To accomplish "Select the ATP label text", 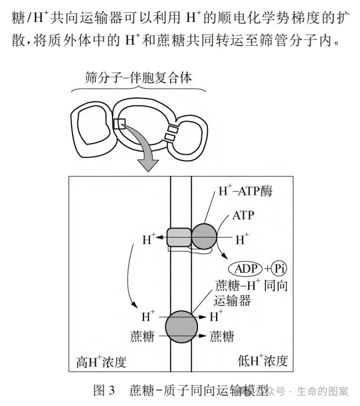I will [x=243, y=215].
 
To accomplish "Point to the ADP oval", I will [x=246, y=269].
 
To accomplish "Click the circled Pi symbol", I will [x=282, y=269].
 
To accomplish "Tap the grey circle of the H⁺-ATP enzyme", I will [x=204, y=238].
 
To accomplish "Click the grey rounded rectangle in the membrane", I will [x=179, y=238].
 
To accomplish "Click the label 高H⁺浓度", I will [x=102, y=362].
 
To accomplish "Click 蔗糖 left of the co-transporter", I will [x=142, y=336].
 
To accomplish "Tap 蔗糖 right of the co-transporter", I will [x=222, y=336].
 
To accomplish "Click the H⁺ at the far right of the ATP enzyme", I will [x=242, y=238].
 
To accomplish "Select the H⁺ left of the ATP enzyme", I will [x=149, y=239].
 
